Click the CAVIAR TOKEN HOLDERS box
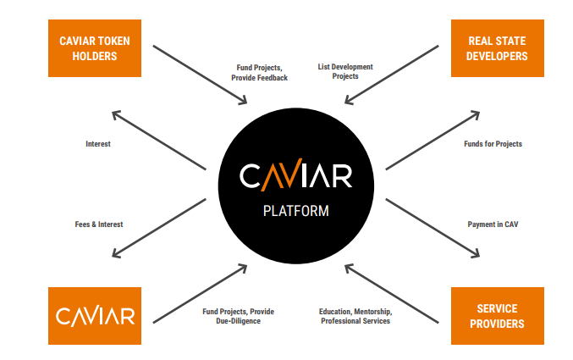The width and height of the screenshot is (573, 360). (95, 48)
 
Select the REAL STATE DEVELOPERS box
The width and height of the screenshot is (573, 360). (498, 48)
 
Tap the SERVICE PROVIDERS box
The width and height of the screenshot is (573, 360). (498, 316)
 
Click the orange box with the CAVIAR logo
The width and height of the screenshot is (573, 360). (95, 316)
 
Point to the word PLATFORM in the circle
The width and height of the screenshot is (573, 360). (296, 211)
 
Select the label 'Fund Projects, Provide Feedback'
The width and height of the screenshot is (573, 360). (260, 73)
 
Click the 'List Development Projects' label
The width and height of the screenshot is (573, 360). (345, 71)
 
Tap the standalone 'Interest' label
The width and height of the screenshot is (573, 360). (98, 144)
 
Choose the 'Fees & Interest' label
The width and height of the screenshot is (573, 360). (99, 224)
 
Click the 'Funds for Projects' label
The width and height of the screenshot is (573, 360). (493, 144)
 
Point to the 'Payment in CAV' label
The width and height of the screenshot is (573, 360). (493, 224)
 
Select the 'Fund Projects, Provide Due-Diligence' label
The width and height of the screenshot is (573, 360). (239, 316)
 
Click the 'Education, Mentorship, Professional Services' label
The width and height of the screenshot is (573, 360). (355, 316)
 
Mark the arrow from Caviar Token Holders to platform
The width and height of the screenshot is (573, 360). (201, 75)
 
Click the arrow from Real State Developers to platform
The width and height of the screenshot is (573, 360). (391, 75)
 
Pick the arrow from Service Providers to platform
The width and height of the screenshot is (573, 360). (391, 293)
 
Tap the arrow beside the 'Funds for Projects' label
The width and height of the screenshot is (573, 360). (433, 141)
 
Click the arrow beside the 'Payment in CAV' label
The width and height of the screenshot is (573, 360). (433, 229)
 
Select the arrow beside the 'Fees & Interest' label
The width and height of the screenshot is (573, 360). (159, 229)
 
